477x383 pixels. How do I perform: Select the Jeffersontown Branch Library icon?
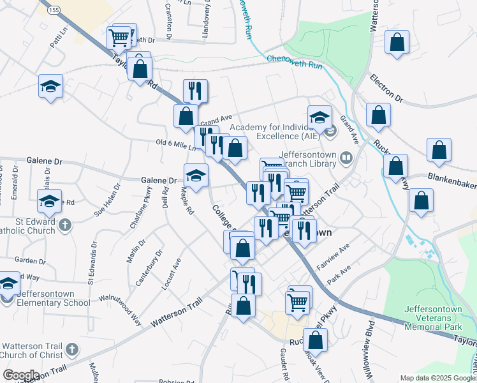pyautogui.click(x=346, y=156)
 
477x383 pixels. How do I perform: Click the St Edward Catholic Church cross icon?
pyautogui.click(x=67, y=225)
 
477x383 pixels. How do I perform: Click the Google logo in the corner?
pyautogui.click(x=21, y=375)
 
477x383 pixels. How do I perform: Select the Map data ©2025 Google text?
pyautogui.click(x=437, y=378)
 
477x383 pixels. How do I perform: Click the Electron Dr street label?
pyautogui.click(x=386, y=89)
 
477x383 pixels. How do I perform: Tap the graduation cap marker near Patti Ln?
pyautogui.click(x=50, y=86)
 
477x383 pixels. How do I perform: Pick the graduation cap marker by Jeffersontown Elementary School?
pyautogui.click(x=9, y=283)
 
